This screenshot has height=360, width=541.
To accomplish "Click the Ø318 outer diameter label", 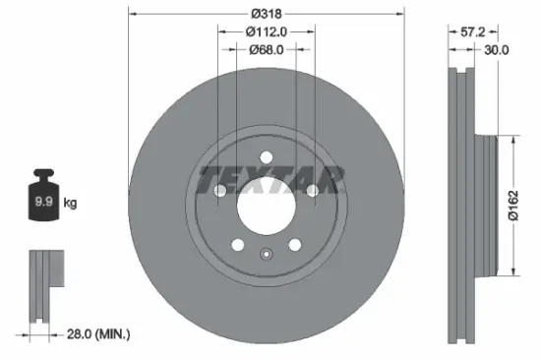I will click(x=266, y=13).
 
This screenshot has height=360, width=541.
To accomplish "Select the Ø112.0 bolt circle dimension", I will click(x=266, y=30).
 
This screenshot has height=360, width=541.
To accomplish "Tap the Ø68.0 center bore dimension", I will click(x=266, y=48).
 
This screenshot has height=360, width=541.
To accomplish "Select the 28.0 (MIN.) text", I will click(x=96, y=334).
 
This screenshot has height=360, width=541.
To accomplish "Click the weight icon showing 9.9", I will click(x=43, y=201).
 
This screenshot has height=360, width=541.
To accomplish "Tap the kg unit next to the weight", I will click(x=71, y=204).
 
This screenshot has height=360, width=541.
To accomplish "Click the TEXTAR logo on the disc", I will click(x=271, y=180).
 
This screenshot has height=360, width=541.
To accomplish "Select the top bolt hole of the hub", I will click(x=266, y=157).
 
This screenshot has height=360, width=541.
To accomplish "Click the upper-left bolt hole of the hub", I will click(x=220, y=191).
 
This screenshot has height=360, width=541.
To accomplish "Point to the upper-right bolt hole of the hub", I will click(x=312, y=191).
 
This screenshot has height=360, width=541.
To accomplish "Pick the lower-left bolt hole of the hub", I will click(x=237, y=245).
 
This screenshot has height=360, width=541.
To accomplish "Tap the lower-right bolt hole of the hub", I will click(x=294, y=245).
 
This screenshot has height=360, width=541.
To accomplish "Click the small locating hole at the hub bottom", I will click(x=266, y=258).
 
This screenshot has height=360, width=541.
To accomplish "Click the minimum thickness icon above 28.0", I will click(x=40, y=285).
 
